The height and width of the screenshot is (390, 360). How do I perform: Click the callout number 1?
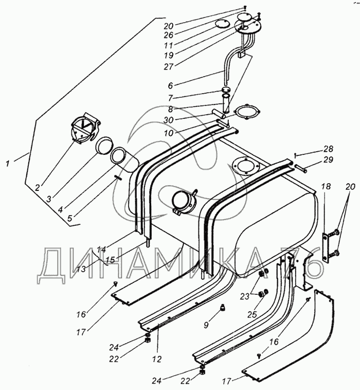pyautogui.click(x=8, y=164)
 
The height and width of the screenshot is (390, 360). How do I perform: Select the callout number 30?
pyautogui.click(x=168, y=120)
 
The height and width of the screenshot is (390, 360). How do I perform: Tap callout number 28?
pyautogui.click(x=328, y=149)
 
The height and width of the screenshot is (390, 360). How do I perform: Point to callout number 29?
pyautogui.click(x=328, y=159)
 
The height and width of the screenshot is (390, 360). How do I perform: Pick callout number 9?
pyautogui.click(x=206, y=325)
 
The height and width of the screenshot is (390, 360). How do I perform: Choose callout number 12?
pyautogui.click(x=157, y=359)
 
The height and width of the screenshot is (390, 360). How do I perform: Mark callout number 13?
pyautogui.click(x=81, y=269)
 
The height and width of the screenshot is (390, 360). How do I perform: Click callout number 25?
pyautogui.click(x=252, y=314)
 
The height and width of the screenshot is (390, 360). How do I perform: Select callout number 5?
pyautogui.click(x=70, y=218)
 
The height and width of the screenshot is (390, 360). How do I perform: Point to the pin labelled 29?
pyautogui.click(x=301, y=168)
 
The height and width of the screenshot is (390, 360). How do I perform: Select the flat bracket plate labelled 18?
pyautogui.click(x=325, y=247)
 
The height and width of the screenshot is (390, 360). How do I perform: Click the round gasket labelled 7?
pyautogui.click(x=225, y=90)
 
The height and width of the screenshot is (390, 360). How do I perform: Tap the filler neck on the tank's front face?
pyautogui.click(x=183, y=203)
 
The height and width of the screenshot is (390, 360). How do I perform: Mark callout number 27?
pyautogui.click(x=168, y=67)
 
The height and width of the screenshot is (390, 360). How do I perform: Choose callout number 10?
pyautogui.click(x=168, y=133)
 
